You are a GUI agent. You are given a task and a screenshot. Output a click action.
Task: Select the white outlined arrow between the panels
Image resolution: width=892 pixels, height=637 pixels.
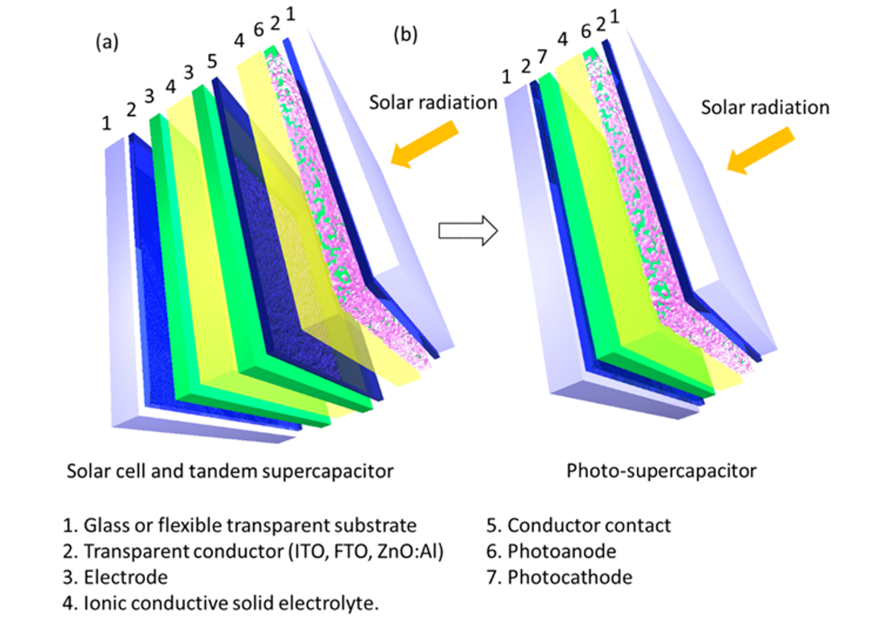[468, 231]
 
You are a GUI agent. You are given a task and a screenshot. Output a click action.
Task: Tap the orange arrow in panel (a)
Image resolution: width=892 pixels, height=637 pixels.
[424, 144]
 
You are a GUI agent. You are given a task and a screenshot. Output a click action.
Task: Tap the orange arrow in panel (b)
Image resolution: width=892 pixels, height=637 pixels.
[761, 150]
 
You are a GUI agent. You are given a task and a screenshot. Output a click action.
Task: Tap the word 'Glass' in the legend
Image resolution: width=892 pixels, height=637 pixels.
[107, 525]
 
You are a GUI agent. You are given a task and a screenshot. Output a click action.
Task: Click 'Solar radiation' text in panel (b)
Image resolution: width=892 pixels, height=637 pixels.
[765, 107]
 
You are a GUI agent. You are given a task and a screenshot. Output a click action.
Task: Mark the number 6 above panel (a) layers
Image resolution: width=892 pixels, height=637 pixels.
[258, 30]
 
